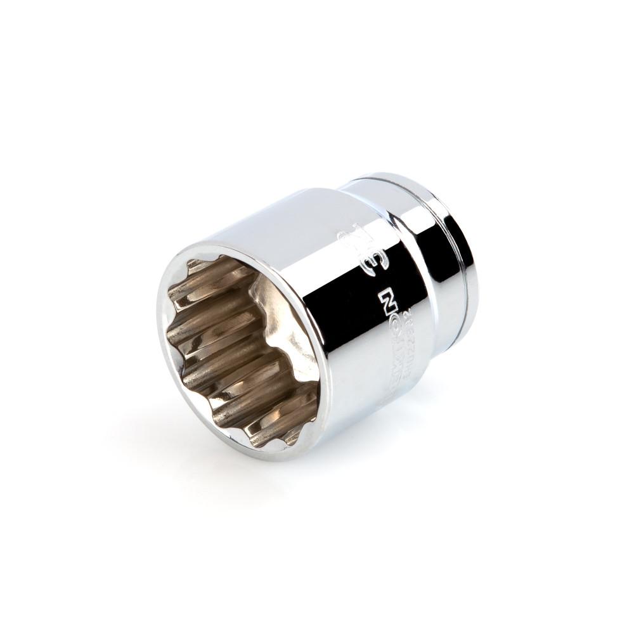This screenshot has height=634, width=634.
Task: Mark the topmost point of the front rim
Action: (x=209, y=244)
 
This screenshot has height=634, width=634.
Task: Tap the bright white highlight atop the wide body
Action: (x=285, y=209)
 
